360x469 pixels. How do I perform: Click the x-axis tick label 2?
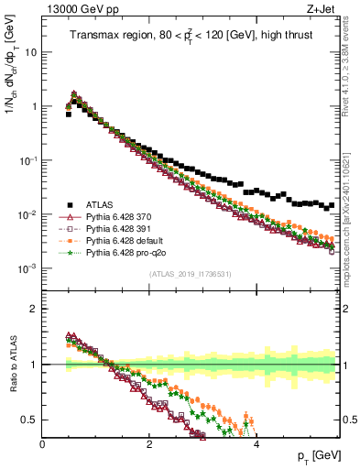[149, 444]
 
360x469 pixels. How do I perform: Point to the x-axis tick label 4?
[256, 444]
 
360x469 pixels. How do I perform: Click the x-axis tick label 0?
[43, 444]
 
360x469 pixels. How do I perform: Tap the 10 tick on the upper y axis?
[29, 52]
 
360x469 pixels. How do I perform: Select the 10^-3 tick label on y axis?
[27, 268]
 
